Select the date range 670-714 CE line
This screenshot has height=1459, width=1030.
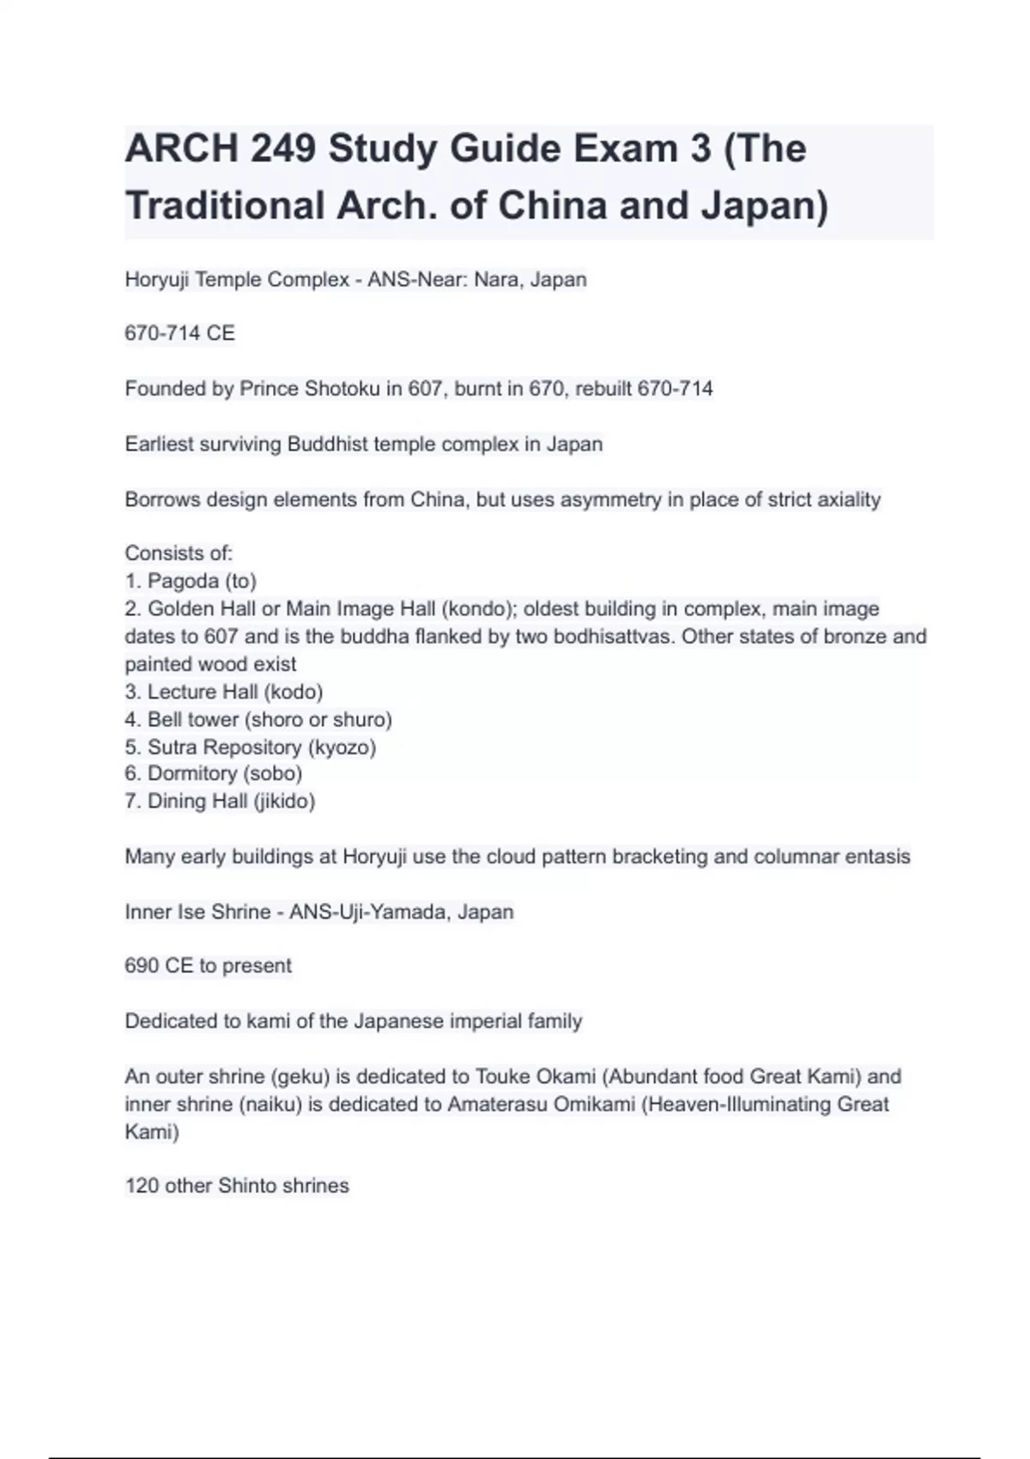pyautogui.click(x=179, y=333)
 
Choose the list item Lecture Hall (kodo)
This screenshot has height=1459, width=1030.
pyautogui.click(x=224, y=692)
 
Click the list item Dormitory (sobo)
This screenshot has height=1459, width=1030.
pyautogui.click(x=214, y=773)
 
